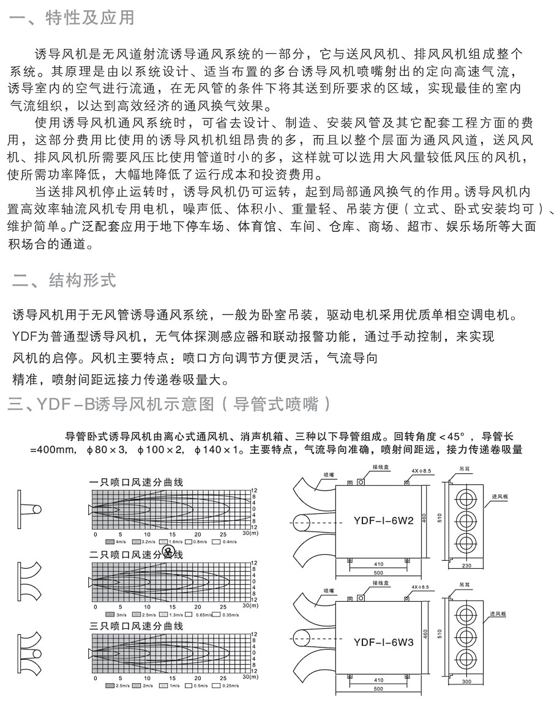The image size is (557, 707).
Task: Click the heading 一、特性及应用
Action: click(72, 18)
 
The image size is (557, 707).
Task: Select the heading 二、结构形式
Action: click(64, 281)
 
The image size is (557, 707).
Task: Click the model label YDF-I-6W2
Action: click(384, 521)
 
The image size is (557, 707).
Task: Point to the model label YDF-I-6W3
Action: click(384, 642)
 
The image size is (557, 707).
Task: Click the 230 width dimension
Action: click(467, 566)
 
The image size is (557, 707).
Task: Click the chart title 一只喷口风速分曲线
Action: click(136, 482)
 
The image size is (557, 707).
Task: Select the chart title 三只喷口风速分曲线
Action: click(136, 626)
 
